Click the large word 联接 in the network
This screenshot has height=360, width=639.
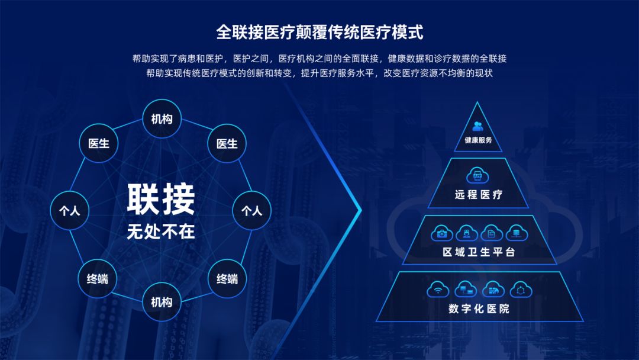pyautogui.click(x=161, y=200)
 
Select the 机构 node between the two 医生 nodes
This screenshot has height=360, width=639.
pyautogui.click(x=162, y=119)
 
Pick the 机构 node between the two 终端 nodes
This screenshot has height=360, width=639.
pyautogui.click(x=162, y=303)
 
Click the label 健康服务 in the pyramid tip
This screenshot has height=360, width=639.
pyautogui.click(x=478, y=141)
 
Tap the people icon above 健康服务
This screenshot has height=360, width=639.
pyautogui.click(x=478, y=126)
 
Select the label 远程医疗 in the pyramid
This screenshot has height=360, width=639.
pyautogui.click(x=479, y=194)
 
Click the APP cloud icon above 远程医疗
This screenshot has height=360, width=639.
pyautogui.click(x=478, y=175)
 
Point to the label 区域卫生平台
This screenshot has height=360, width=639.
pyautogui.click(x=479, y=252)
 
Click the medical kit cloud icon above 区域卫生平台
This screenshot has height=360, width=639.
pyautogui.click(x=441, y=233)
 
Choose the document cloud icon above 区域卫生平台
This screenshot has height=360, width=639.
pyautogui.click(x=491, y=233)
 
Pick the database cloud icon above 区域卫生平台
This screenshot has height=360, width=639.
pyautogui.click(x=516, y=233)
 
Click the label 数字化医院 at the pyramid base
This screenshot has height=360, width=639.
pyautogui.click(x=479, y=308)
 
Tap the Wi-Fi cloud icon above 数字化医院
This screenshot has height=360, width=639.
pyautogui.click(x=438, y=290)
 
